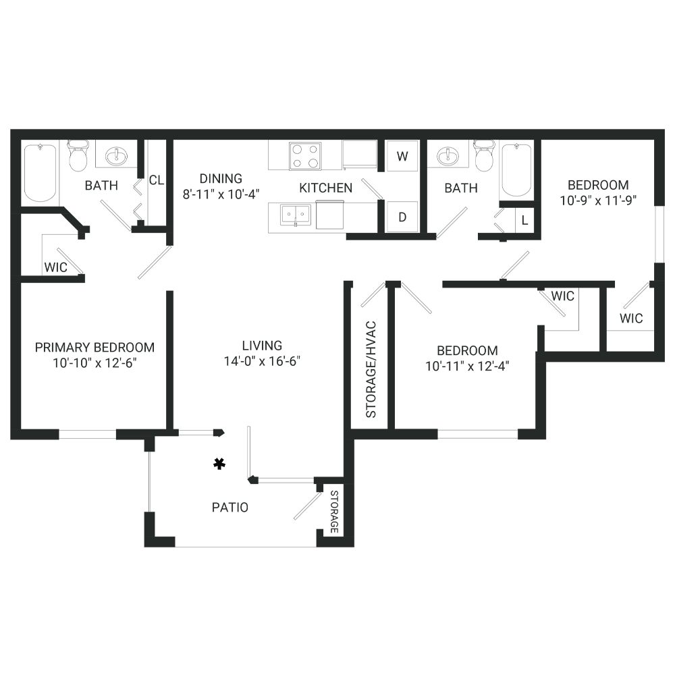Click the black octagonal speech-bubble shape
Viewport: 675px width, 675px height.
tap(305, 157)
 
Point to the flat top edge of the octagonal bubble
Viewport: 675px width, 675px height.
tap(305, 142)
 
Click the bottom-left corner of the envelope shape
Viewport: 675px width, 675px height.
tap(315, 230)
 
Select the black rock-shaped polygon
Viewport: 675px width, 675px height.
tap(210, 466)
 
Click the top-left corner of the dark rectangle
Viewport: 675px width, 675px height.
tap(10, 129)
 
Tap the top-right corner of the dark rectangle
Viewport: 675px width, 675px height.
tap(664, 129)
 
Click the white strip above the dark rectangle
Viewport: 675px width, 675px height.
tap(337, 64)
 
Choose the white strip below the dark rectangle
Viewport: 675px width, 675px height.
tap(337, 611)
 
